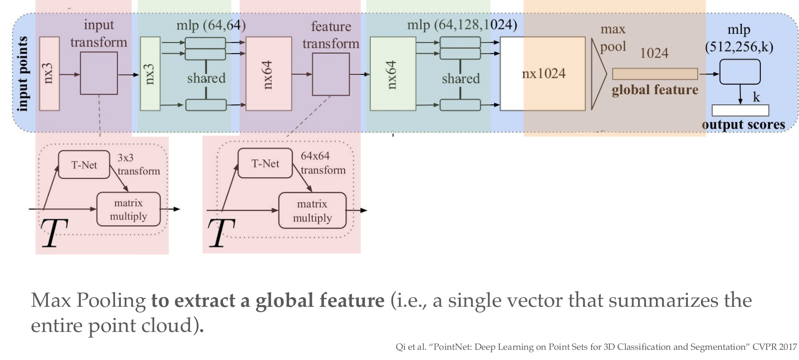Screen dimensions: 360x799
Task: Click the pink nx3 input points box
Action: click(x=49, y=73)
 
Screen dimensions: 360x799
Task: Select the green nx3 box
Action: click(x=150, y=73)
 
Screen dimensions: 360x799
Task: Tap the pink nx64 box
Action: click(x=269, y=73)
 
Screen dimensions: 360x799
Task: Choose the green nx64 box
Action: click(x=392, y=73)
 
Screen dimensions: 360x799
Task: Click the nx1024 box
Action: click(x=543, y=73)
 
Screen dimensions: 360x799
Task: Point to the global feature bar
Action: click(x=654, y=74)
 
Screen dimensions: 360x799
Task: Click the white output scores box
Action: click(x=740, y=110)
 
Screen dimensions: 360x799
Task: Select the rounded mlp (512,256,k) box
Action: click(x=740, y=72)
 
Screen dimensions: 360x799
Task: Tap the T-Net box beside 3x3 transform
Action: click(x=84, y=165)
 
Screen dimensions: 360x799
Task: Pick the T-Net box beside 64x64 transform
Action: click(x=265, y=163)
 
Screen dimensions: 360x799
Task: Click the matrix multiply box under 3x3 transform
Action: click(x=128, y=209)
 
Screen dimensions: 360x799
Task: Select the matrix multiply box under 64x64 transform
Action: click(x=312, y=211)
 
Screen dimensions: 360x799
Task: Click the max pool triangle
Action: click(x=598, y=74)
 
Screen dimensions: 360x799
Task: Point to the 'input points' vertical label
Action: click(x=22, y=73)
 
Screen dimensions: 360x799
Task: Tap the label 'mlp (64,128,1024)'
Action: click(x=462, y=25)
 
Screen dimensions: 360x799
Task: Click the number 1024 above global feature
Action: click(x=654, y=53)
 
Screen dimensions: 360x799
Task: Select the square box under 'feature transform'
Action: click(x=331, y=74)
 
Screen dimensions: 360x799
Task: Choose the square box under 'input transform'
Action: click(x=99, y=73)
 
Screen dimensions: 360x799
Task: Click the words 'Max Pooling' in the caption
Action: click(x=88, y=301)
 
